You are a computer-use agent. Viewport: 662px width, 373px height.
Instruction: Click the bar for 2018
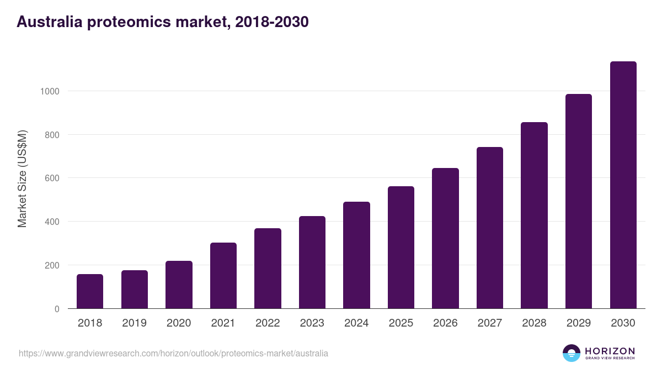pos(90,291)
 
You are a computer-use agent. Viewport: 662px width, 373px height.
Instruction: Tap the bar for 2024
pos(356,255)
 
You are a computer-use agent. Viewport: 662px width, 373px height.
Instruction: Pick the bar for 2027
pos(490,228)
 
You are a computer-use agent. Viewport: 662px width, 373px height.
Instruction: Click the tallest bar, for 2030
pos(623,185)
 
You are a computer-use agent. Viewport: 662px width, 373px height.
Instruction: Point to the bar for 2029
pos(579,201)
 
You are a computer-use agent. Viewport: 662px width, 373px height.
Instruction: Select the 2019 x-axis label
pos(135,323)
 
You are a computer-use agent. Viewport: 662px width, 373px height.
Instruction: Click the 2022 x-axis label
pos(268,323)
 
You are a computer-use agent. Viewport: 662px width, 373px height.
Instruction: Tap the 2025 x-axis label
pos(401,323)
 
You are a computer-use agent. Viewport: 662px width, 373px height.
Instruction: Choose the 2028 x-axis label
pos(534,323)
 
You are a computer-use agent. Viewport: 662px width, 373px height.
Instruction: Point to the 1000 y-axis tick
pos(49,91)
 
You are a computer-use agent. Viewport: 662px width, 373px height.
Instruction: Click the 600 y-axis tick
pos(51,178)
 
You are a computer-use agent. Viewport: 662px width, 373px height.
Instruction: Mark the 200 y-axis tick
pos(51,265)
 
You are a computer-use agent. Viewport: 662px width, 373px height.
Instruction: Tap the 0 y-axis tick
pos(56,309)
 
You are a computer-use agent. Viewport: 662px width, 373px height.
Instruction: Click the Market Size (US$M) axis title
pos(22,178)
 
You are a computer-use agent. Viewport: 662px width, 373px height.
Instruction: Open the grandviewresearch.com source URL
pos(173,353)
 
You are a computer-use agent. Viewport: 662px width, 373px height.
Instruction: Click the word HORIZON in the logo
pos(610,351)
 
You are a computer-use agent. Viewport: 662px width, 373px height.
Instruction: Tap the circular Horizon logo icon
pos(572,353)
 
